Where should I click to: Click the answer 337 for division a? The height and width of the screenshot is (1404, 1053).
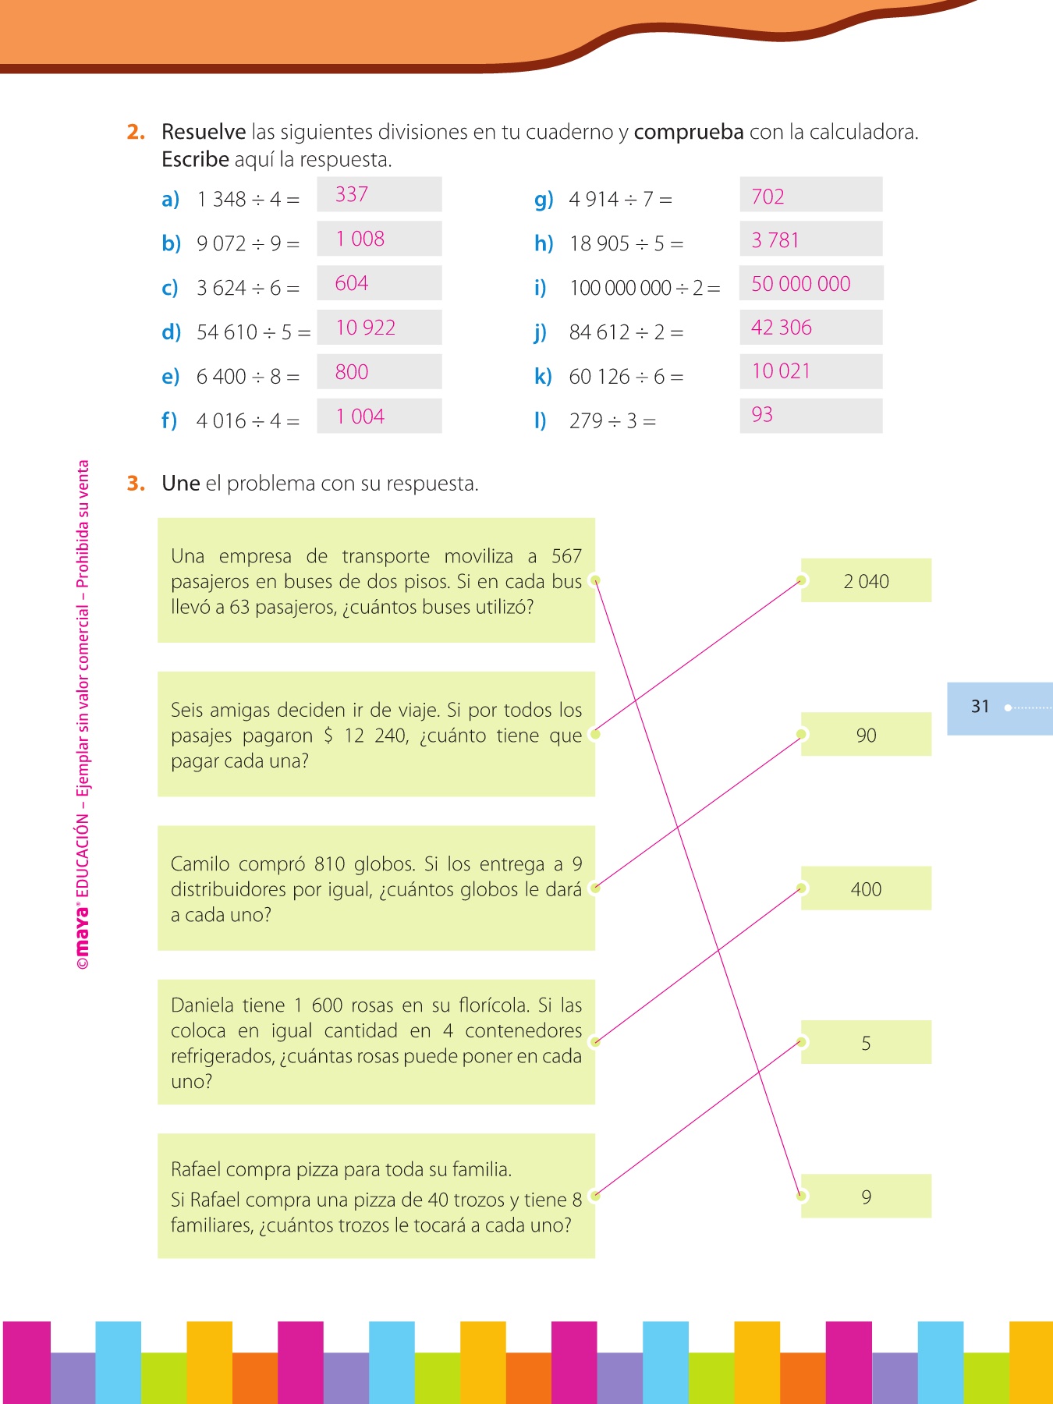352,194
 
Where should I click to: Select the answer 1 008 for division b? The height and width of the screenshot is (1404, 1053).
360,239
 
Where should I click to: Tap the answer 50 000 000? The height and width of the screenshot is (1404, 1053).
800,284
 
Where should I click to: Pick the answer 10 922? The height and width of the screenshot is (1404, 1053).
365,328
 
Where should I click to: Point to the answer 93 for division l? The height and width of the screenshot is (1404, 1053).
762,415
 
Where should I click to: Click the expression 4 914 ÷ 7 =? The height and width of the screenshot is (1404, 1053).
620,200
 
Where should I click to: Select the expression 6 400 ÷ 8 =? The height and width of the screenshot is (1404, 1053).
248,377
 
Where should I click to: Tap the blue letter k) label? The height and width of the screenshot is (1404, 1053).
543,377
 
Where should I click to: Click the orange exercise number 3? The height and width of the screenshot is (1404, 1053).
136,484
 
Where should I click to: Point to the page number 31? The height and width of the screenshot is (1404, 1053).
980,707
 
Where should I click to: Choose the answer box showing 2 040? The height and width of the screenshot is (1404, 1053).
866,581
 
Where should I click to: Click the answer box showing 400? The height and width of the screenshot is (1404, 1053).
866,889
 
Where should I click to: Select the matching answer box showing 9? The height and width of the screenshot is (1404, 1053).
866,1197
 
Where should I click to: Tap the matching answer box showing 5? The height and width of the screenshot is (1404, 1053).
866,1043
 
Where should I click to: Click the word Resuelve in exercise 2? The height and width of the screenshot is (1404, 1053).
204,132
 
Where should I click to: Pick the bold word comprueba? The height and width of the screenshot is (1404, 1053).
689,132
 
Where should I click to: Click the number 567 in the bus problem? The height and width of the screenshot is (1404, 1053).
566,556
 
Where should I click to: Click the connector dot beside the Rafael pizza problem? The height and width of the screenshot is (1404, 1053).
595,1196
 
